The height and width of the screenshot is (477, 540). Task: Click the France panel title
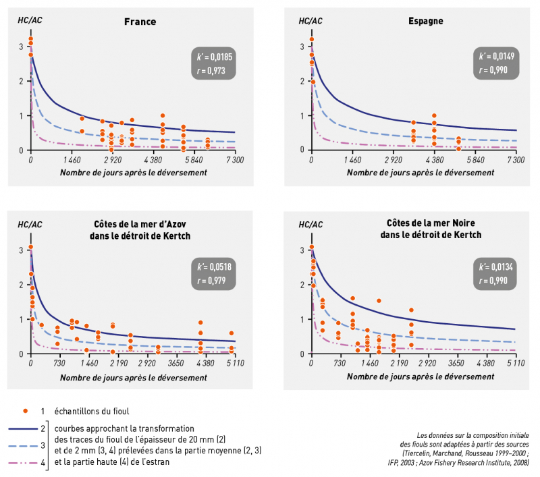coord(140,22)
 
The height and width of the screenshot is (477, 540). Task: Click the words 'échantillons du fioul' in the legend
coord(92,411)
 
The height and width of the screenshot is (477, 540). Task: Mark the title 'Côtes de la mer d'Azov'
coord(140,224)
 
